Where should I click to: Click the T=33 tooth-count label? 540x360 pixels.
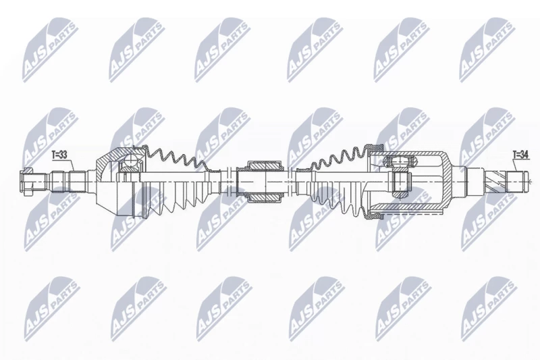(x=59, y=155)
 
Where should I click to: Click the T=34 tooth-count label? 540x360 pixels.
(x=520, y=155)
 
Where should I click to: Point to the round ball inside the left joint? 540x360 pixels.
(x=131, y=159)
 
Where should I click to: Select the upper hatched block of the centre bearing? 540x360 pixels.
(x=265, y=165)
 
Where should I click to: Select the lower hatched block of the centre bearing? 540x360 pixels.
(x=265, y=197)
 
